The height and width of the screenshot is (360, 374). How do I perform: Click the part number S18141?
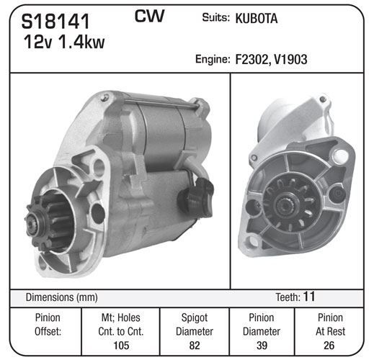(x=55, y=22)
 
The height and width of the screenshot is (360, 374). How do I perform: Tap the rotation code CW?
(x=149, y=16)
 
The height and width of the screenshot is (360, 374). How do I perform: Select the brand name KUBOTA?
(x=257, y=19)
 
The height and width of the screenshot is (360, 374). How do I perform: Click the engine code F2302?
(x=251, y=59)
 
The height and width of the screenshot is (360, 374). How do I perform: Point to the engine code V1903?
(x=290, y=59)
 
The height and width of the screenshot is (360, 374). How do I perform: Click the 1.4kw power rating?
(x=81, y=42)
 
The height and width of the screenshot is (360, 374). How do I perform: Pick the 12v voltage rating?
(x=37, y=42)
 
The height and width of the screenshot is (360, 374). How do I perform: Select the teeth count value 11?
(x=309, y=297)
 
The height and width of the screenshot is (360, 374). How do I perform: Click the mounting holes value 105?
(x=121, y=346)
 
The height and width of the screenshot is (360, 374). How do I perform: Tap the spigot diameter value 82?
(x=195, y=346)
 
